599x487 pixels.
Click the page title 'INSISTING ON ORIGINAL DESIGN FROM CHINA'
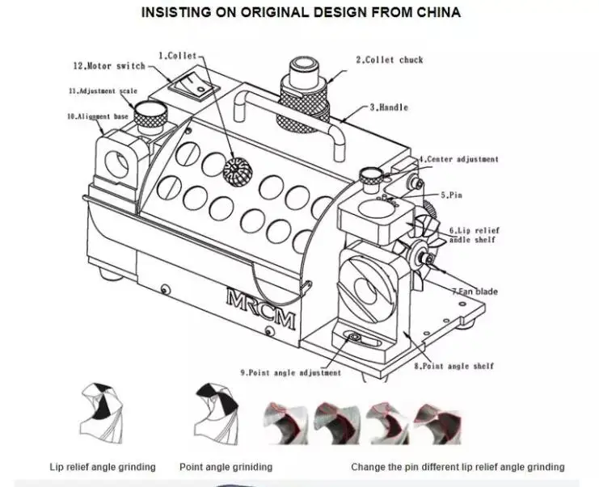[x=301, y=13]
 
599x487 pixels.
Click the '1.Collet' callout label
[x=177, y=56]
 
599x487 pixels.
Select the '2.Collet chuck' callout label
[x=390, y=60]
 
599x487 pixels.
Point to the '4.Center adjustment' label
[x=458, y=159]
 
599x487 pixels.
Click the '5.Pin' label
[x=451, y=195]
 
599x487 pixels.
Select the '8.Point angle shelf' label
[x=453, y=366]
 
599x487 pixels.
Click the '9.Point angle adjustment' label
[x=290, y=372]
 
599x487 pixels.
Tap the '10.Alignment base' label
[x=97, y=116]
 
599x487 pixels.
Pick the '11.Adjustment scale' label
[x=103, y=91]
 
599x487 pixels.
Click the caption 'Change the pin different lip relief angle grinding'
[x=458, y=467]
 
